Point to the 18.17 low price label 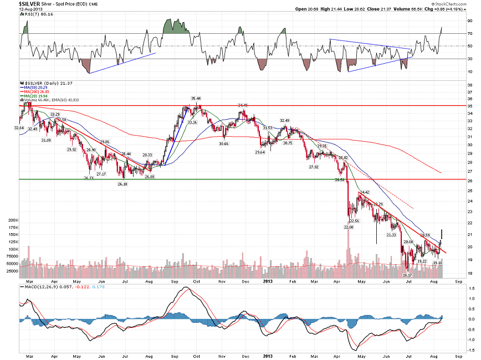click(407, 275)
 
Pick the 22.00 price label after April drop click(348, 227)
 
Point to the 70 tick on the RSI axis click(469, 34)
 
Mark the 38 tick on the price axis click(469, 85)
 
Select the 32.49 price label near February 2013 click(284, 121)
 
